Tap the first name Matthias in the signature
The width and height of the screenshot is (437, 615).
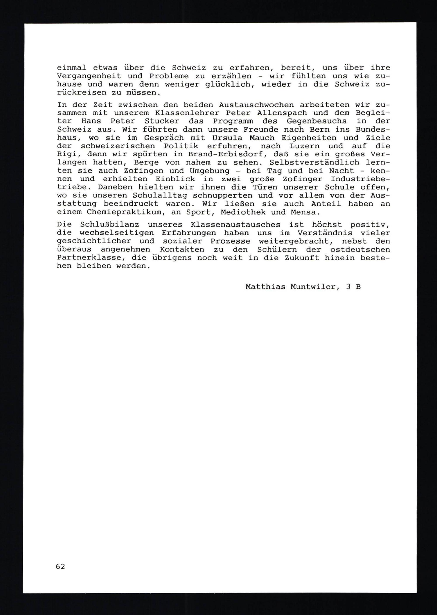pyautogui.click(x=265, y=287)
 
